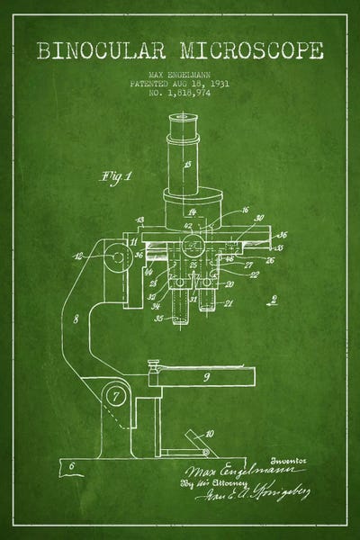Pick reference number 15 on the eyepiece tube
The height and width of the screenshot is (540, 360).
point(187,166)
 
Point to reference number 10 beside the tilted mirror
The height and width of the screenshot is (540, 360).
point(210,433)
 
